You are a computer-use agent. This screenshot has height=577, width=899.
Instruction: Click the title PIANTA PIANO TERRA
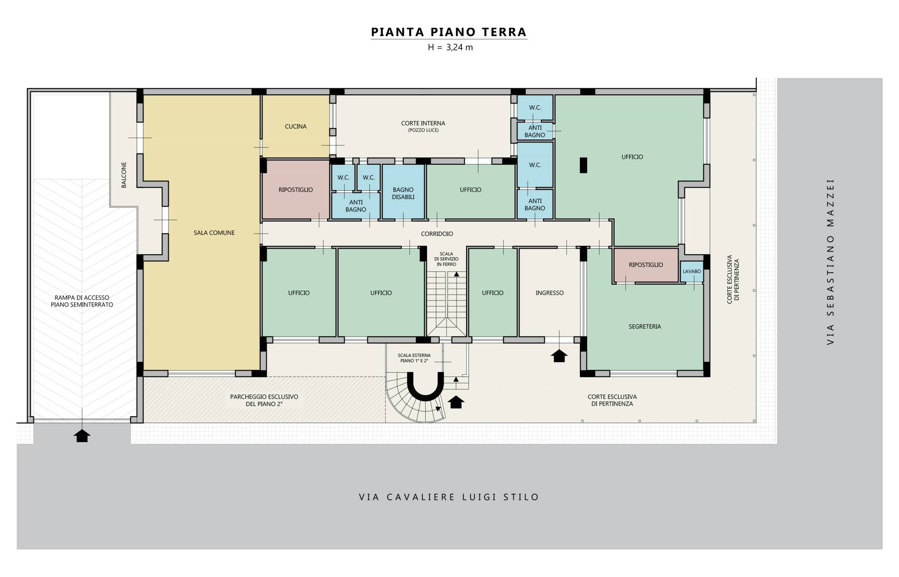coord(449,32)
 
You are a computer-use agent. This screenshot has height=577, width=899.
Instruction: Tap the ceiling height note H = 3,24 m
coord(450,47)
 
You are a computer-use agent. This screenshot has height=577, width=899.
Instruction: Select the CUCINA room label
coord(295,127)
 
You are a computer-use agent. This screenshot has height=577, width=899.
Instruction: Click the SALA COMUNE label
coord(214,233)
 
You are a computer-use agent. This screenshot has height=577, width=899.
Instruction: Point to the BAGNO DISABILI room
coord(403,191)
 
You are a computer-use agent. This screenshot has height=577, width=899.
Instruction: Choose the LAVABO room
coord(691,272)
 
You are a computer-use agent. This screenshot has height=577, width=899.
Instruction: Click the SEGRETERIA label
coord(644,327)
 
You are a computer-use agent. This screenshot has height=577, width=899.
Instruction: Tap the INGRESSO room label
coord(550,293)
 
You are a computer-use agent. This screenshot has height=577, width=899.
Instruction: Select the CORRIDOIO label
coord(437,234)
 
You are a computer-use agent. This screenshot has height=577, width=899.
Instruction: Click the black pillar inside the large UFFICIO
coord(583,165)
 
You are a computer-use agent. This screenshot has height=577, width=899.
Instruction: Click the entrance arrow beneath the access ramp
coord(82,435)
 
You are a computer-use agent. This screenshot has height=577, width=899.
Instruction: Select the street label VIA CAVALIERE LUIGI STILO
coord(449,497)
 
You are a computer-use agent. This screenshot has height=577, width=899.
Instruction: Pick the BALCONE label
coord(124,175)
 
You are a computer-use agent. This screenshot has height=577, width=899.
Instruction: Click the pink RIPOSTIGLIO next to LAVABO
coord(646,265)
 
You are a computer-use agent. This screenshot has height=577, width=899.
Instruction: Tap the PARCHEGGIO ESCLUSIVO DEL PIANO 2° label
coord(264,400)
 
